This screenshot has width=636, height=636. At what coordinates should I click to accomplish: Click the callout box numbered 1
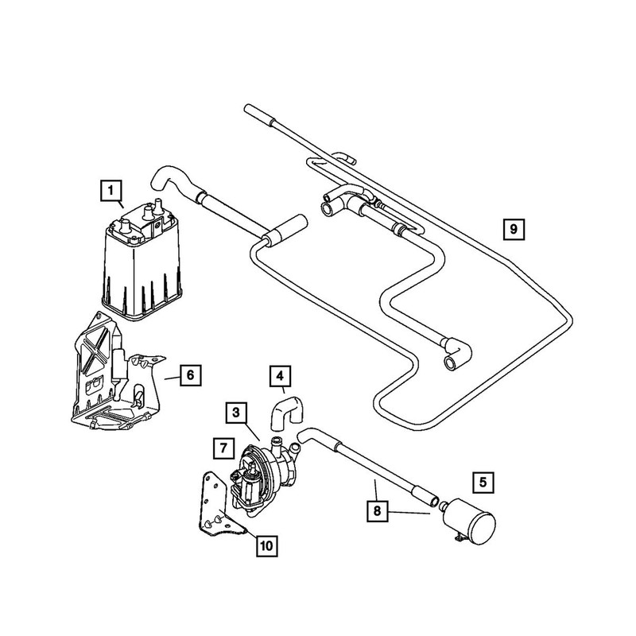[x=111, y=190]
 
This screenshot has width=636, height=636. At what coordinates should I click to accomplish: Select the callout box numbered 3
[x=236, y=412]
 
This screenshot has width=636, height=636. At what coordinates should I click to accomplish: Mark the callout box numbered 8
[x=374, y=509]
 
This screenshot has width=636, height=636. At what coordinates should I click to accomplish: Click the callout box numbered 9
[x=514, y=230]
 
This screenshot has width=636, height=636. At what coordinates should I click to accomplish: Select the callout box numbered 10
[x=265, y=545]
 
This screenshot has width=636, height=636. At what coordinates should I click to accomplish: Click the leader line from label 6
[x=170, y=377]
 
